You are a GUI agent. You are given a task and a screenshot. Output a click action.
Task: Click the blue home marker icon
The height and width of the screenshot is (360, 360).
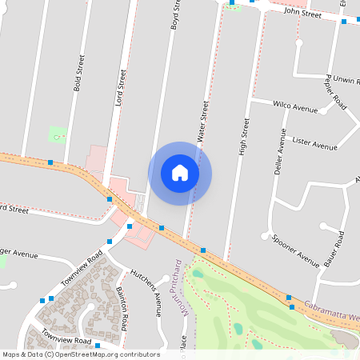(x=180, y=173)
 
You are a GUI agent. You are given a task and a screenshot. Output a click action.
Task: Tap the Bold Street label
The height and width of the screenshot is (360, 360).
(x=78, y=74)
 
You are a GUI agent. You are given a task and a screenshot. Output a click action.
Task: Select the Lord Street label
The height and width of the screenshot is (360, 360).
(x=122, y=88)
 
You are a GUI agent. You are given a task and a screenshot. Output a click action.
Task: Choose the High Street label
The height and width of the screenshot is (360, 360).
(x=242, y=137)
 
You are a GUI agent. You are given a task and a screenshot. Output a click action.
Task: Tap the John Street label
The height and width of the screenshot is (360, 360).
(x=302, y=14)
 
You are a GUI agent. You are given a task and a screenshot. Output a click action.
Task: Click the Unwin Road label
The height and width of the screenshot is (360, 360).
(x=339, y=81)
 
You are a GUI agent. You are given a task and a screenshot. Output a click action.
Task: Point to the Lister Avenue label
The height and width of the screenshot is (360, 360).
(x=315, y=144)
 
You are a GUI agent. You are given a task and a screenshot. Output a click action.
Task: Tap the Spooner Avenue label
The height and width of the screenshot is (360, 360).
(x=295, y=250)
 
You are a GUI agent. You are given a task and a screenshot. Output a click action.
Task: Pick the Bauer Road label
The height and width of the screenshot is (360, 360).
(x=340, y=249)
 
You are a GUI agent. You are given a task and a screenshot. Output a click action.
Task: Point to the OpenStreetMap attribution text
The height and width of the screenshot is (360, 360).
(x=80, y=354)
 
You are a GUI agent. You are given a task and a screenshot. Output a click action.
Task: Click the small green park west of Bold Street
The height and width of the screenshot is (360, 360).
(x=57, y=134)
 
